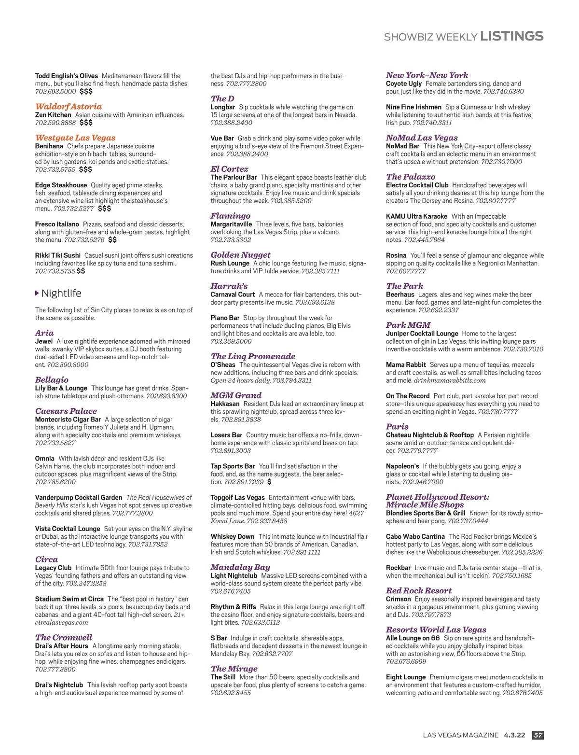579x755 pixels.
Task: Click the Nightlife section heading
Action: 61,294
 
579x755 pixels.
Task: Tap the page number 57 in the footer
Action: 538,735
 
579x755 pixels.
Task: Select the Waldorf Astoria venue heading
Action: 69,107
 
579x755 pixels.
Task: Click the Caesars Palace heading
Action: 66,411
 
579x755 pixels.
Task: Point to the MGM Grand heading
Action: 236,395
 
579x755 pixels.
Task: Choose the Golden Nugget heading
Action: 241,255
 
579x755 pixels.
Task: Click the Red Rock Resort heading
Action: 419,591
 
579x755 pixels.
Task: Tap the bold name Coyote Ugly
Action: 404,84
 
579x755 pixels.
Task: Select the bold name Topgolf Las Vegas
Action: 238,498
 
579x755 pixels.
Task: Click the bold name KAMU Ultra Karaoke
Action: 416,216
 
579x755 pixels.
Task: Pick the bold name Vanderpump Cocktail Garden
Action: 79,498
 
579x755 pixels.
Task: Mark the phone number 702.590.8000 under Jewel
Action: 68,365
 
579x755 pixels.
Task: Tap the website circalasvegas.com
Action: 62,623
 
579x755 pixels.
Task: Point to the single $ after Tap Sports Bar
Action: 269,482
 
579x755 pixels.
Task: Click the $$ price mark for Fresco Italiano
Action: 112,240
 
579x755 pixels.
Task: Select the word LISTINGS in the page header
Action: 512,36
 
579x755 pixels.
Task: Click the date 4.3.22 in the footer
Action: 514,735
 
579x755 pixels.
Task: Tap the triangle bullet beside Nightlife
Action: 37,294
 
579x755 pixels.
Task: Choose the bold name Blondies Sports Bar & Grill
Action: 426,513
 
